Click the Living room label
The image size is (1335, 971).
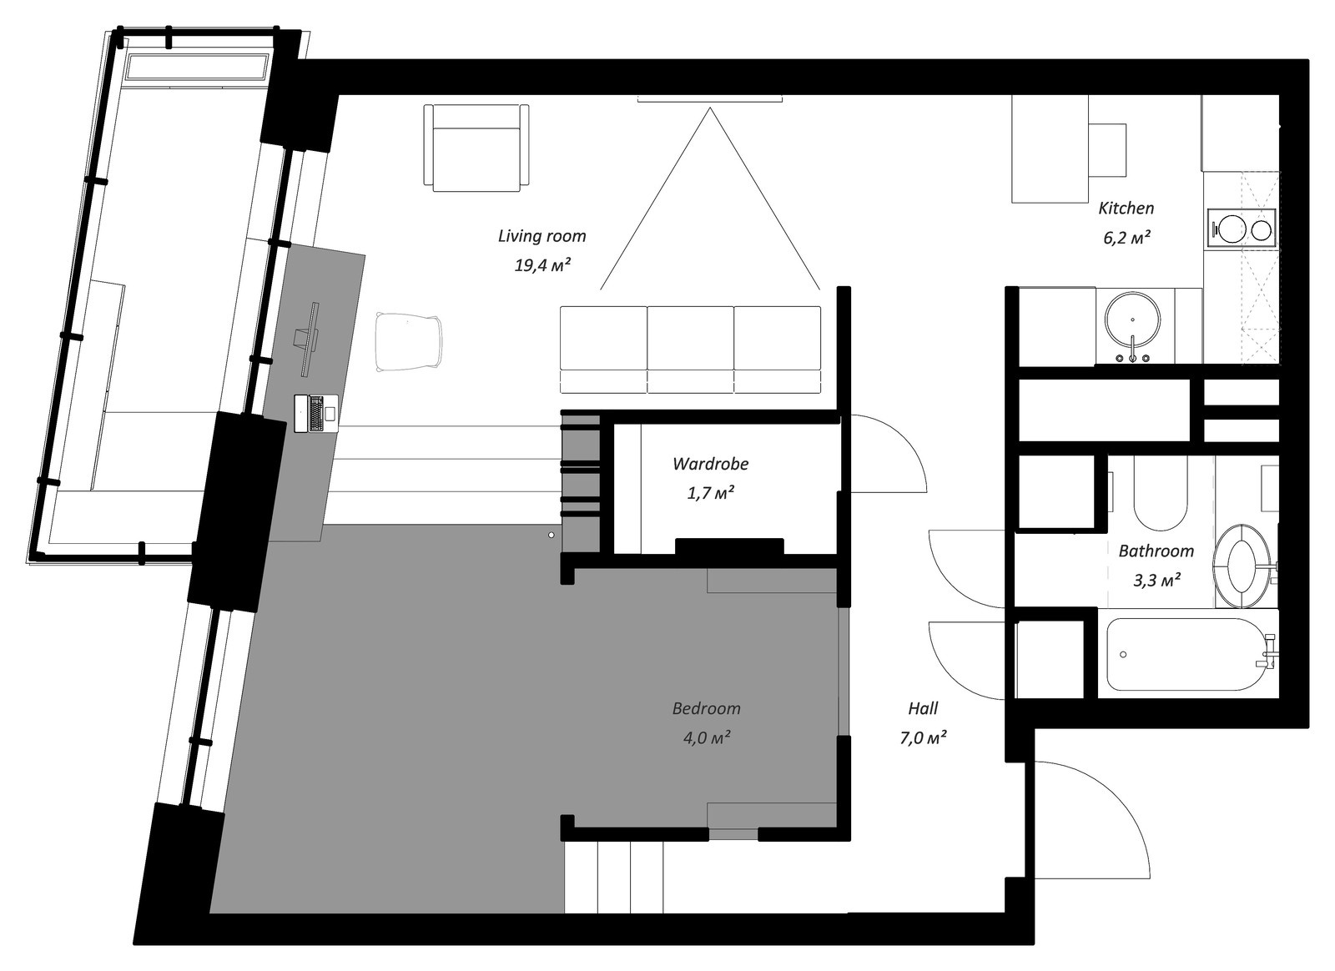(x=542, y=236)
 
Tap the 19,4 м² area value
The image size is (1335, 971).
(x=542, y=266)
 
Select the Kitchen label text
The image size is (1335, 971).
(x=1126, y=209)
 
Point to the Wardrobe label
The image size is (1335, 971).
(x=710, y=464)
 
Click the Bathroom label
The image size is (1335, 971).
(x=1156, y=551)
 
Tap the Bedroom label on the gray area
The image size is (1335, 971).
(x=706, y=709)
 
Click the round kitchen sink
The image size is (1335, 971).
(x=1132, y=319)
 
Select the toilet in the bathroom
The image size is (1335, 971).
(x=1242, y=565)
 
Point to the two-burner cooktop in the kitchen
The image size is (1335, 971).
(x=1242, y=228)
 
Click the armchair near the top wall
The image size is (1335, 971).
(x=476, y=148)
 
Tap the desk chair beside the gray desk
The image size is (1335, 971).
(x=409, y=341)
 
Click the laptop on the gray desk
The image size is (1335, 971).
(x=316, y=414)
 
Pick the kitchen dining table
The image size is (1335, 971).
(x=1050, y=150)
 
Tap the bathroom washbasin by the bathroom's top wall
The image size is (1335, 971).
(x=1159, y=496)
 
